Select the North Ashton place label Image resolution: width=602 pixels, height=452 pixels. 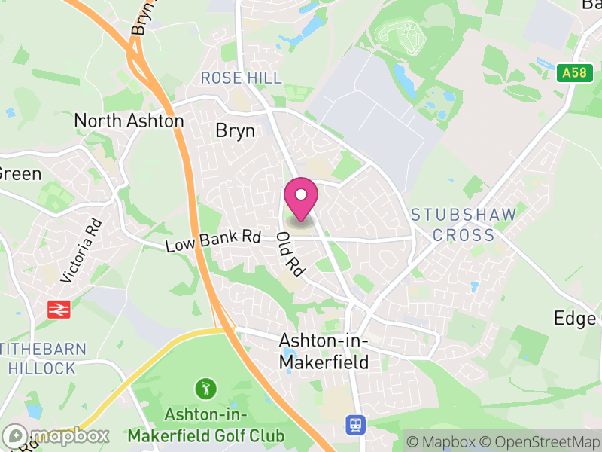pyautogui.click(x=129, y=121)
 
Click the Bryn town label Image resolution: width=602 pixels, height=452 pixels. pyautogui.click(x=236, y=130)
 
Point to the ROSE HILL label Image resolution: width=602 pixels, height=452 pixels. pyautogui.click(x=241, y=78)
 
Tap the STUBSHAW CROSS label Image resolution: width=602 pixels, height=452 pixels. pyautogui.click(x=464, y=224)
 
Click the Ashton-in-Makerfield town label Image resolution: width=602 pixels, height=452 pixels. pyautogui.click(x=324, y=351)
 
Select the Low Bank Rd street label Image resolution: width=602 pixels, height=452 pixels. pyautogui.click(x=212, y=241)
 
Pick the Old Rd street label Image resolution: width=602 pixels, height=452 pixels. pyautogui.click(x=289, y=254)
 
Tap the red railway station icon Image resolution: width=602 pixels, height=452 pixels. pyautogui.click(x=58, y=309)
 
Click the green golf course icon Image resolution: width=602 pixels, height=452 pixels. pyautogui.click(x=205, y=389)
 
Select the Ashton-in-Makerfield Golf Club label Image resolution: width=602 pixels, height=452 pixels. pyautogui.click(x=206, y=426)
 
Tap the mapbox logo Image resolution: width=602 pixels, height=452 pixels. pyautogui.click(x=56, y=435)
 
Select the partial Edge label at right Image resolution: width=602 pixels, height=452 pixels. pyautogui.click(x=576, y=318)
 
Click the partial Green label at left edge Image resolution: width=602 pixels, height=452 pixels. pyautogui.click(x=20, y=173)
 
